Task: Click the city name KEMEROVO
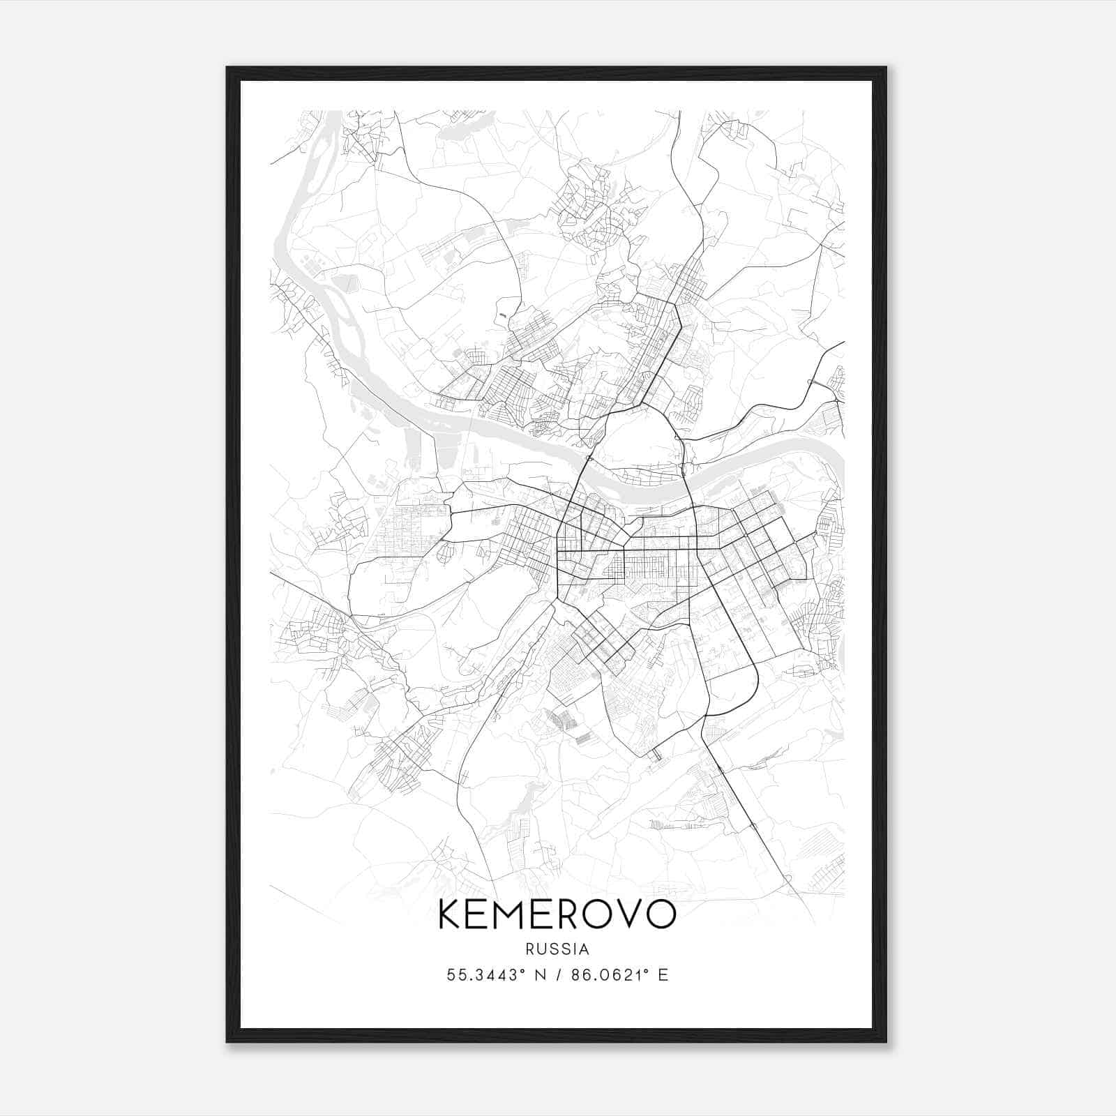point(557,914)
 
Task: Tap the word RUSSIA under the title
point(557,949)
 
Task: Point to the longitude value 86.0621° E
point(619,975)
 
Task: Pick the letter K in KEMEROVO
point(451,914)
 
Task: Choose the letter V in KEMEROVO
point(626,914)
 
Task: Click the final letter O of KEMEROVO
point(660,914)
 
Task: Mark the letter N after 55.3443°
point(540,975)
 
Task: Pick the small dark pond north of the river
point(503,315)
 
